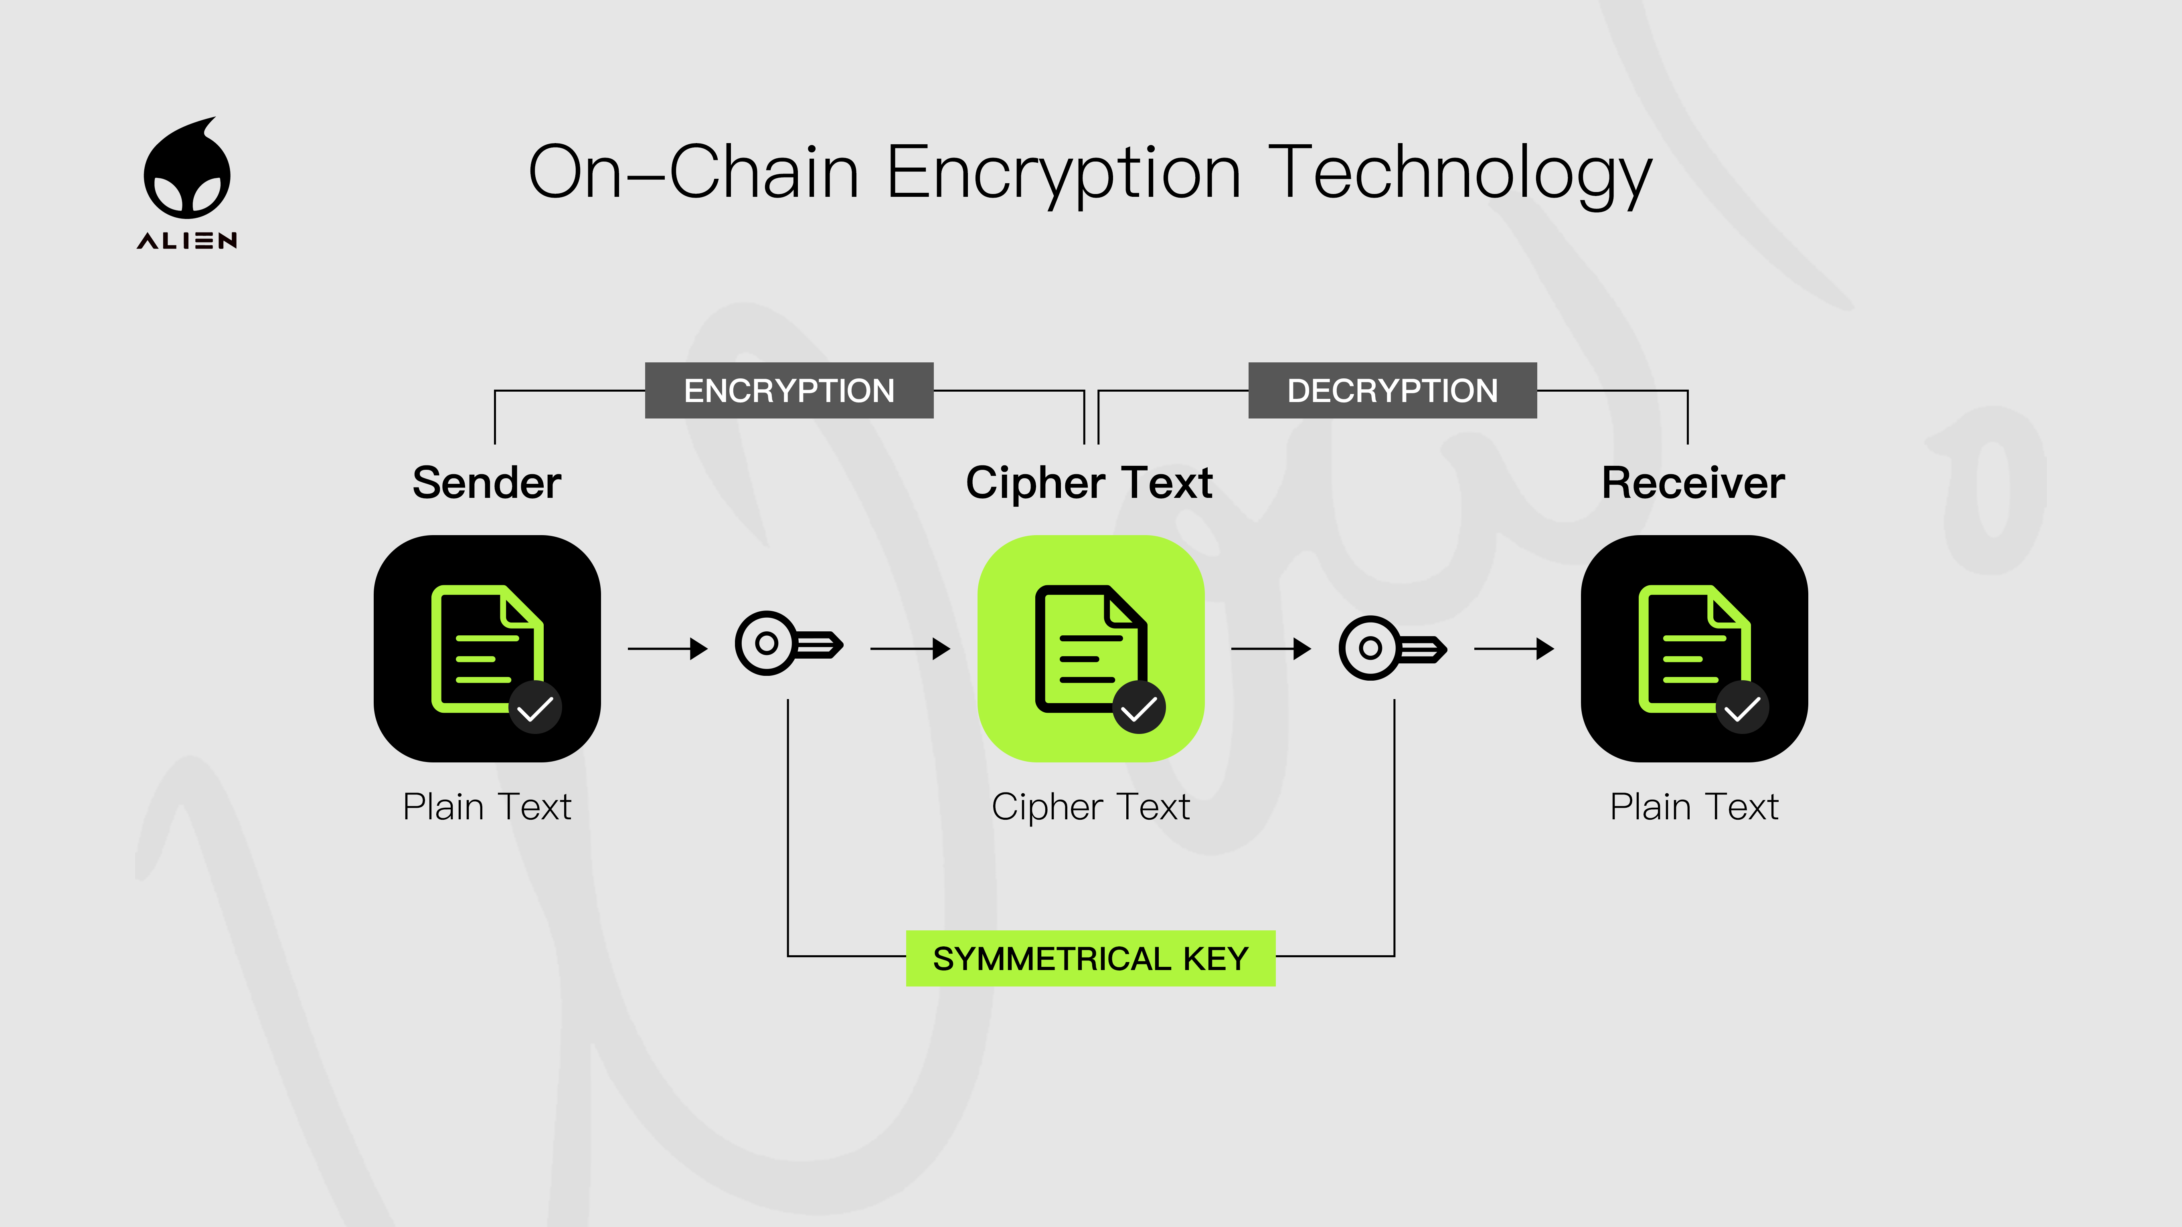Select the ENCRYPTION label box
789,390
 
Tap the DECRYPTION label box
1392,390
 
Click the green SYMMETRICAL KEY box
1090,958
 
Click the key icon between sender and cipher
788,643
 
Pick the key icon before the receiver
1392,648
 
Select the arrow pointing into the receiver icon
1514,649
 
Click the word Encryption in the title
1063,174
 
